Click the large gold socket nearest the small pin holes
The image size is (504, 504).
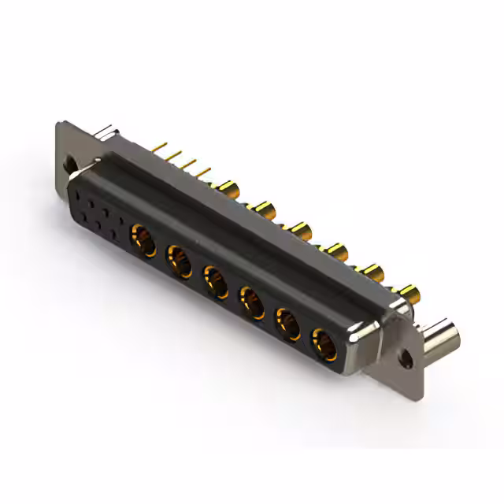click(x=143, y=236)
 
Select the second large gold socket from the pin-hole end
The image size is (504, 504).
click(x=179, y=258)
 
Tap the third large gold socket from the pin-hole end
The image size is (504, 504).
click(x=215, y=280)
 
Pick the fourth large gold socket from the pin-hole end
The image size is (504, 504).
click(x=251, y=301)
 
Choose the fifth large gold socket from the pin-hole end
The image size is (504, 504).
click(x=287, y=323)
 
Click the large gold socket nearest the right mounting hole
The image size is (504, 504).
click(x=323, y=343)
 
